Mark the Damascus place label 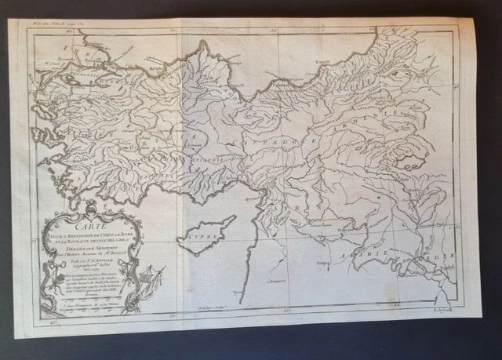click(275, 278)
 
